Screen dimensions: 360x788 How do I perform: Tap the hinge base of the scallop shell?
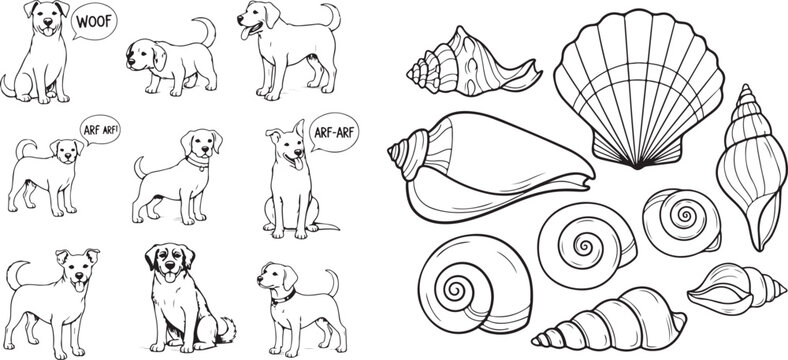click(x=609, y=159)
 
